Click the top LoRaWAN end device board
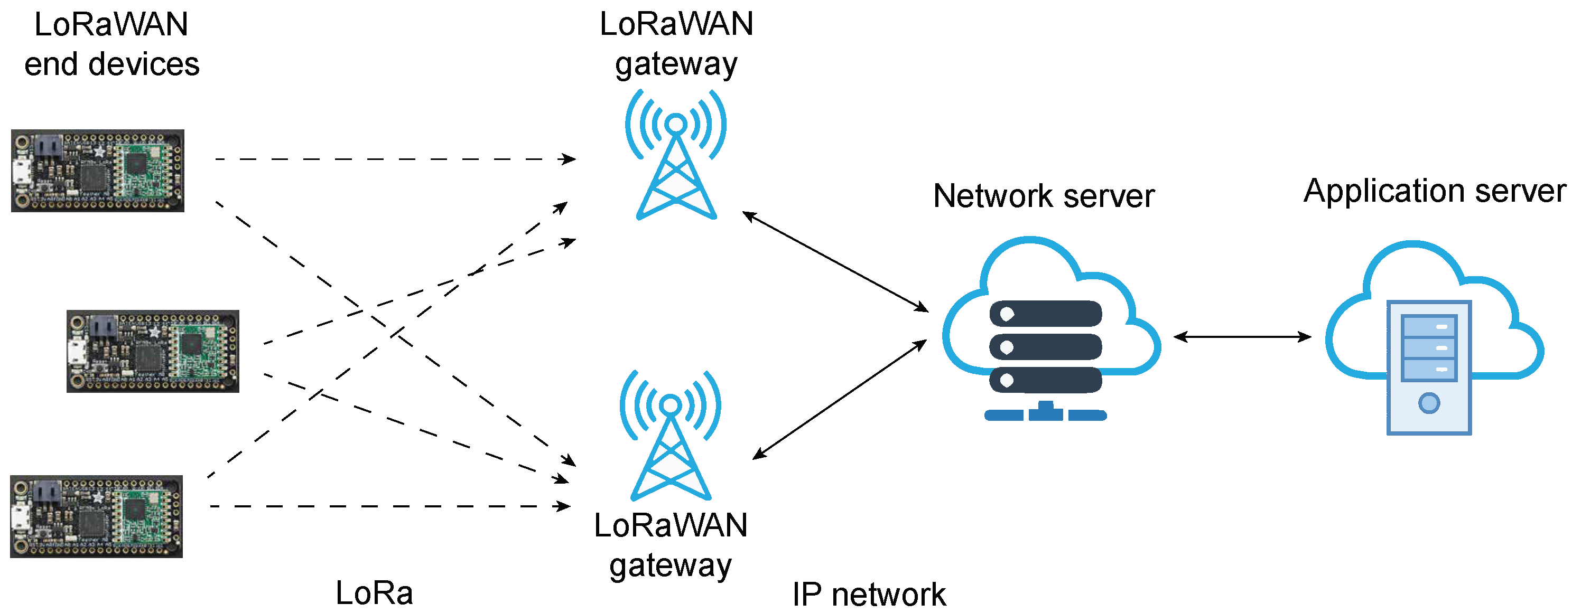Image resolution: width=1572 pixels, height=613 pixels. pyautogui.click(x=98, y=171)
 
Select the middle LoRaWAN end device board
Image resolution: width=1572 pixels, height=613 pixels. pyautogui.click(x=153, y=351)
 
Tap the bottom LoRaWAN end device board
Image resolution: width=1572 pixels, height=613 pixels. pyautogui.click(x=96, y=516)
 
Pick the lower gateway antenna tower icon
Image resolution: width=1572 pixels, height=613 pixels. pyautogui.click(x=671, y=435)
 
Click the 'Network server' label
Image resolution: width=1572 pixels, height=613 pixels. pyautogui.click(x=1044, y=196)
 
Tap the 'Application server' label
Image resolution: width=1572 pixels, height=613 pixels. pyautogui.click(x=1435, y=191)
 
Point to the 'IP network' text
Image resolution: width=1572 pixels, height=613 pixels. pyautogui.click(x=869, y=594)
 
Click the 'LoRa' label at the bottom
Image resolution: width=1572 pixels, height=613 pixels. pyautogui.click(x=374, y=593)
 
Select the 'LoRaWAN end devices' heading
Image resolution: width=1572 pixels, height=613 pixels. pyautogui.click(x=111, y=44)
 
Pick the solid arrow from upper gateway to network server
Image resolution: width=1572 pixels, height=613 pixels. pyautogui.click(x=835, y=262)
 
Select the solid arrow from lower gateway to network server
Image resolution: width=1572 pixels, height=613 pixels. pyautogui.click(x=840, y=399)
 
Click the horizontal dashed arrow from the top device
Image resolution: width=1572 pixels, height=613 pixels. pyautogui.click(x=395, y=159)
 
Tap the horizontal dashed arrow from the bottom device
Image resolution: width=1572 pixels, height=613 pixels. pyautogui.click(x=390, y=506)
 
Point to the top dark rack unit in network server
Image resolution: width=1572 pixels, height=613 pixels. pyautogui.click(x=1045, y=314)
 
